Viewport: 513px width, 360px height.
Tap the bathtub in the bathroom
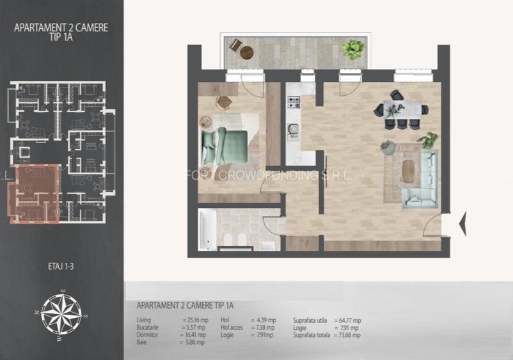(x=207, y=230)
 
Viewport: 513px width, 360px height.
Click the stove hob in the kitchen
(x=294, y=102)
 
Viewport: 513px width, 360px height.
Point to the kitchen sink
(x=294, y=130)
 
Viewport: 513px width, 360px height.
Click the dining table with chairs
(x=402, y=110)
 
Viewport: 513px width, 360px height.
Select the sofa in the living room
(x=422, y=179)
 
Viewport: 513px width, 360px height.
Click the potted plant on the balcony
(x=352, y=49)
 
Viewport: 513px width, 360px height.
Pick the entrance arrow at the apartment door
(x=462, y=223)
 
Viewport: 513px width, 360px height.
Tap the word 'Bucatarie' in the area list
(x=148, y=327)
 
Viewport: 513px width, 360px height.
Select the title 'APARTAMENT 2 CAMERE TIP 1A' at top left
(x=61, y=33)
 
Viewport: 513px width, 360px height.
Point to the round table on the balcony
(x=246, y=52)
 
